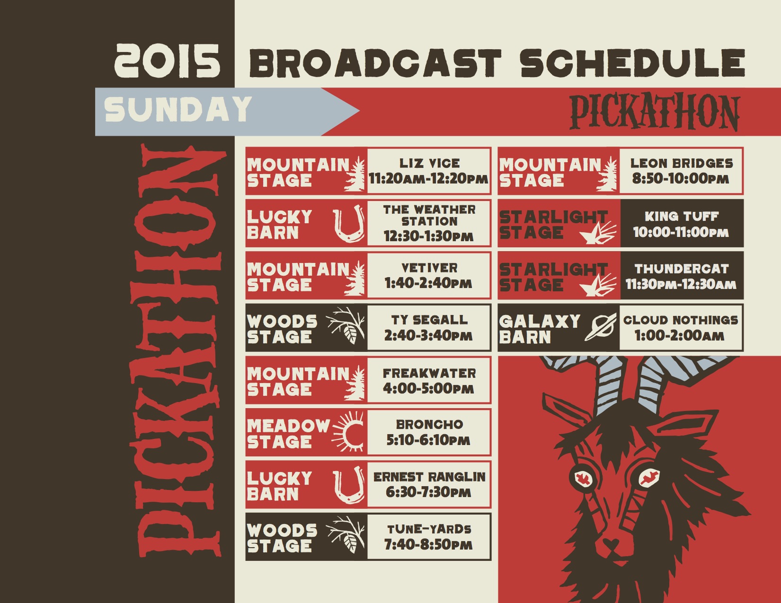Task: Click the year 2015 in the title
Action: tap(167, 61)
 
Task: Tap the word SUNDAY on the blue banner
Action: tap(178, 109)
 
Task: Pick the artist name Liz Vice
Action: tap(429, 164)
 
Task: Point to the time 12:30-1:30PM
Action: tap(428, 236)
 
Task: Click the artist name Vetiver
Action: tap(429, 268)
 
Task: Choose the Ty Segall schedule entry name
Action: tap(429, 320)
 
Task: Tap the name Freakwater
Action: tap(429, 373)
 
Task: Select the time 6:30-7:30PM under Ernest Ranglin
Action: tap(428, 492)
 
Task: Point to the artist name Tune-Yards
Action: tap(429, 529)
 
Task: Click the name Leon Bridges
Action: tap(682, 164)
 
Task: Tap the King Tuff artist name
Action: tap(682, 216)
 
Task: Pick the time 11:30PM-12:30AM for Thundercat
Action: tap(681, 284)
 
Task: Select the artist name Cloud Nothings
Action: tap(681, 320)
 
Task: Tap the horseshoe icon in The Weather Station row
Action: tap(348, 223)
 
